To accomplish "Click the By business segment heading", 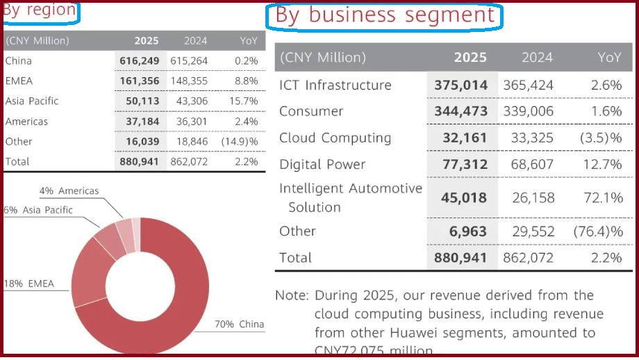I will [x=385, y=16].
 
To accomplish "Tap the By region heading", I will [x=40, y=10].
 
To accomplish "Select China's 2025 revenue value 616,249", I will [x=139, y=61].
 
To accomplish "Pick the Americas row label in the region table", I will [x=26, y=122].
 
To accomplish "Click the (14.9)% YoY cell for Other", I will [x=240, y=142].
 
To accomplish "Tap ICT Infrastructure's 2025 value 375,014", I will [x=461, y=85].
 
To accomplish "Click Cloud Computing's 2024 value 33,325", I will [x=530, y=138].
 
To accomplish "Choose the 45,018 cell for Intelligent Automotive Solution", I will [x=464, y=198].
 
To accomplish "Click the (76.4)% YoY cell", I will [x=598, y=231].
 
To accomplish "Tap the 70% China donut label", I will [x=240, y=325].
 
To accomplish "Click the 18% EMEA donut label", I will [x=28, y=284].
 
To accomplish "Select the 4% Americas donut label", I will [x=69, y=191].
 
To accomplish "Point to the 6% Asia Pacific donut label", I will [x=38, y=210].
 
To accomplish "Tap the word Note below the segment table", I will [x=290, y=295].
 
